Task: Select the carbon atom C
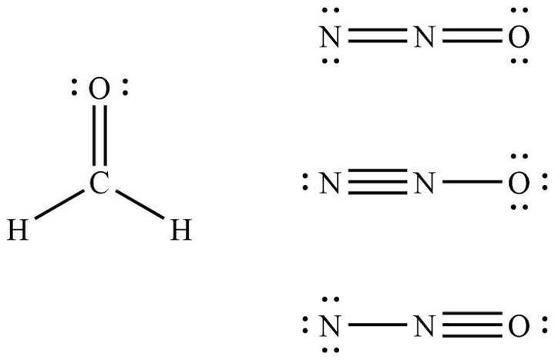[x=97, y=183]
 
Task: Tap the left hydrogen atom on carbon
[x=18, y=229]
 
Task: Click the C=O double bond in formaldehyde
[x=97, y=135]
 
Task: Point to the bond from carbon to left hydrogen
[x=58, y=206]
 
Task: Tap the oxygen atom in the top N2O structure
[x=518, y=36]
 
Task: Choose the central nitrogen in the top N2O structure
[x=423, y=36]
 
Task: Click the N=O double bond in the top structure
[x=470, y=36]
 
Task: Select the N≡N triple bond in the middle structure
[x=376, y=183]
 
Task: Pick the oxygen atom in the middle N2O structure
[x=518, y=183]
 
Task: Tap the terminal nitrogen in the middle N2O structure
[x=330, y=183]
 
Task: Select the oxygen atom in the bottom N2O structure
[x=518, y=326]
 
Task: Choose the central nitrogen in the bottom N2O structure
[x=423, y=326]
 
